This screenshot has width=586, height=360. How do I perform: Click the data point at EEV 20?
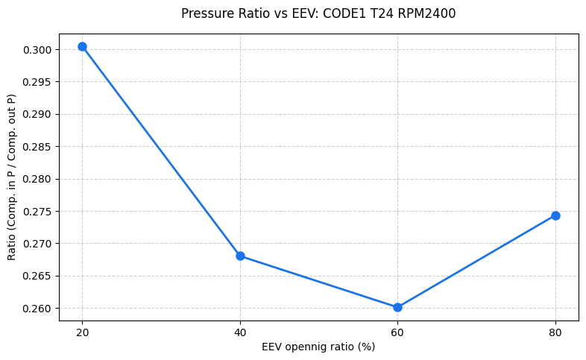pyautogui.click(x=82, y=46)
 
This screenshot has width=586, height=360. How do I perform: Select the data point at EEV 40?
pyautogui.click(x=240, y=256)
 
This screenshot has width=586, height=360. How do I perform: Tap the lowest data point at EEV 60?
pyautogui.click(x=397, y=307)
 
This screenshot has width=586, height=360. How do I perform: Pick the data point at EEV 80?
pyautogui.click(x=555, y=215)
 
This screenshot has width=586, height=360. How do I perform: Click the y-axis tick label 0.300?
pyautogui.click(x=39, y=50)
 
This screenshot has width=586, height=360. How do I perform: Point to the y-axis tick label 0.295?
pyautogui.click(x=39, y=82)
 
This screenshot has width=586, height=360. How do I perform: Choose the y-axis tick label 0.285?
pyautogui.click(x=39, y=147)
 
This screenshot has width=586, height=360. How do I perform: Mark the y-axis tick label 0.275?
pyautogui.click(x=39, y=212)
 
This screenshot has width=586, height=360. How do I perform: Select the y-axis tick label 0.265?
pyautogui.click(x=39, y=276)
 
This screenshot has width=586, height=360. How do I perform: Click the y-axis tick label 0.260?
pyautogui.click(x=39, y=309)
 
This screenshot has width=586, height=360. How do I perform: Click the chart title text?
pyautogui.click(x=318, y=13)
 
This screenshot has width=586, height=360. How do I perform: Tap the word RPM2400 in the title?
pyautogui.click(x=428, y=13)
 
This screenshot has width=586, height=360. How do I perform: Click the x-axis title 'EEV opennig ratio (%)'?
pyautogui.click(x=318, y=347)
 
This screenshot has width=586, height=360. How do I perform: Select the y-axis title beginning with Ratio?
pyautogui.click(x=11, y=177)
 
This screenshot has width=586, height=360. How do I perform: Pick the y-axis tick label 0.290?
pyautogui.click(x=39, y=115)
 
